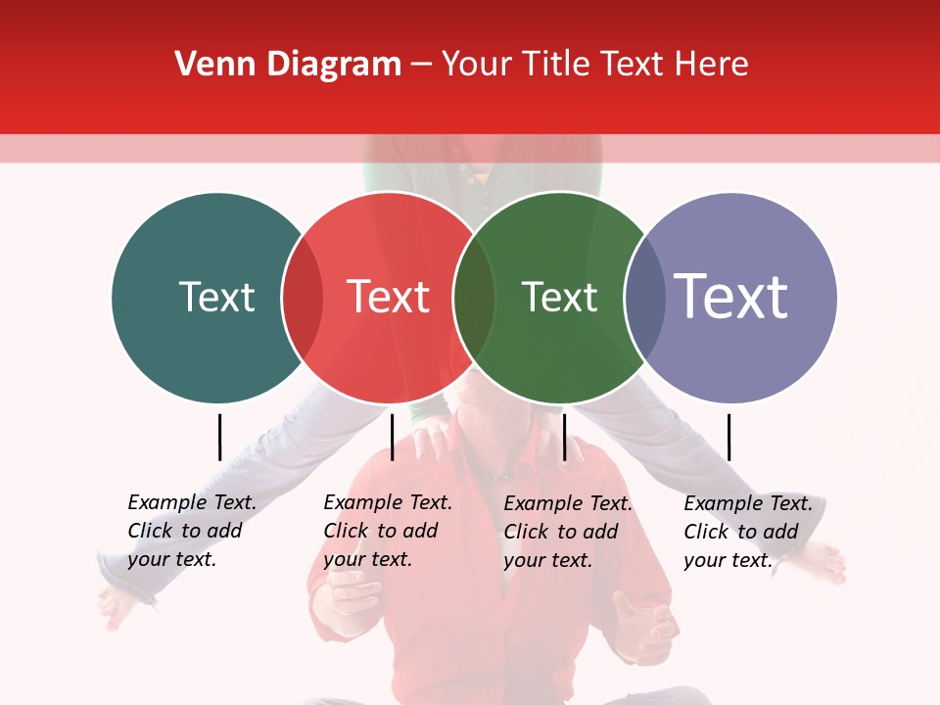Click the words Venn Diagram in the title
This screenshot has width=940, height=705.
tap(288, 65)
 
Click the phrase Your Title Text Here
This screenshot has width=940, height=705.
tap(594, 65)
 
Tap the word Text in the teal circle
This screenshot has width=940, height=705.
tap(216, 297)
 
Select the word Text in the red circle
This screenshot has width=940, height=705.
tap(389, 297)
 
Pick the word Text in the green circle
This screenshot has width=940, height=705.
tap(559, 297)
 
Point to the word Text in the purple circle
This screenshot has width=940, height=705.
tap(731, 297)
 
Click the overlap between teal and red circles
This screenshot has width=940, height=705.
tap(303, 298)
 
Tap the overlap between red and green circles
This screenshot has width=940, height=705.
tap(474, 298)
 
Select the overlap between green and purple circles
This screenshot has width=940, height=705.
tap(643, 298)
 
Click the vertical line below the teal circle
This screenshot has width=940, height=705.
tap(220, 437)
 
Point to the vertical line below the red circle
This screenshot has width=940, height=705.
tap(392, 437)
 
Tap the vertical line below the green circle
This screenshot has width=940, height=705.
tap(564, 437)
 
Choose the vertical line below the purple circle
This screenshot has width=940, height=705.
tap(728, 437)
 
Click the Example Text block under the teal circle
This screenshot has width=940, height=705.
tap(191, 531)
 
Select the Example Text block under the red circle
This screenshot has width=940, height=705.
tap(387, 531)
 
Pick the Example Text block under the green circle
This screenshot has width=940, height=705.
tap(567, 532)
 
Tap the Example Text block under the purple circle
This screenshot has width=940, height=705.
tap(747, 532)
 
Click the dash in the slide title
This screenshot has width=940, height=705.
tap(421, 66)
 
